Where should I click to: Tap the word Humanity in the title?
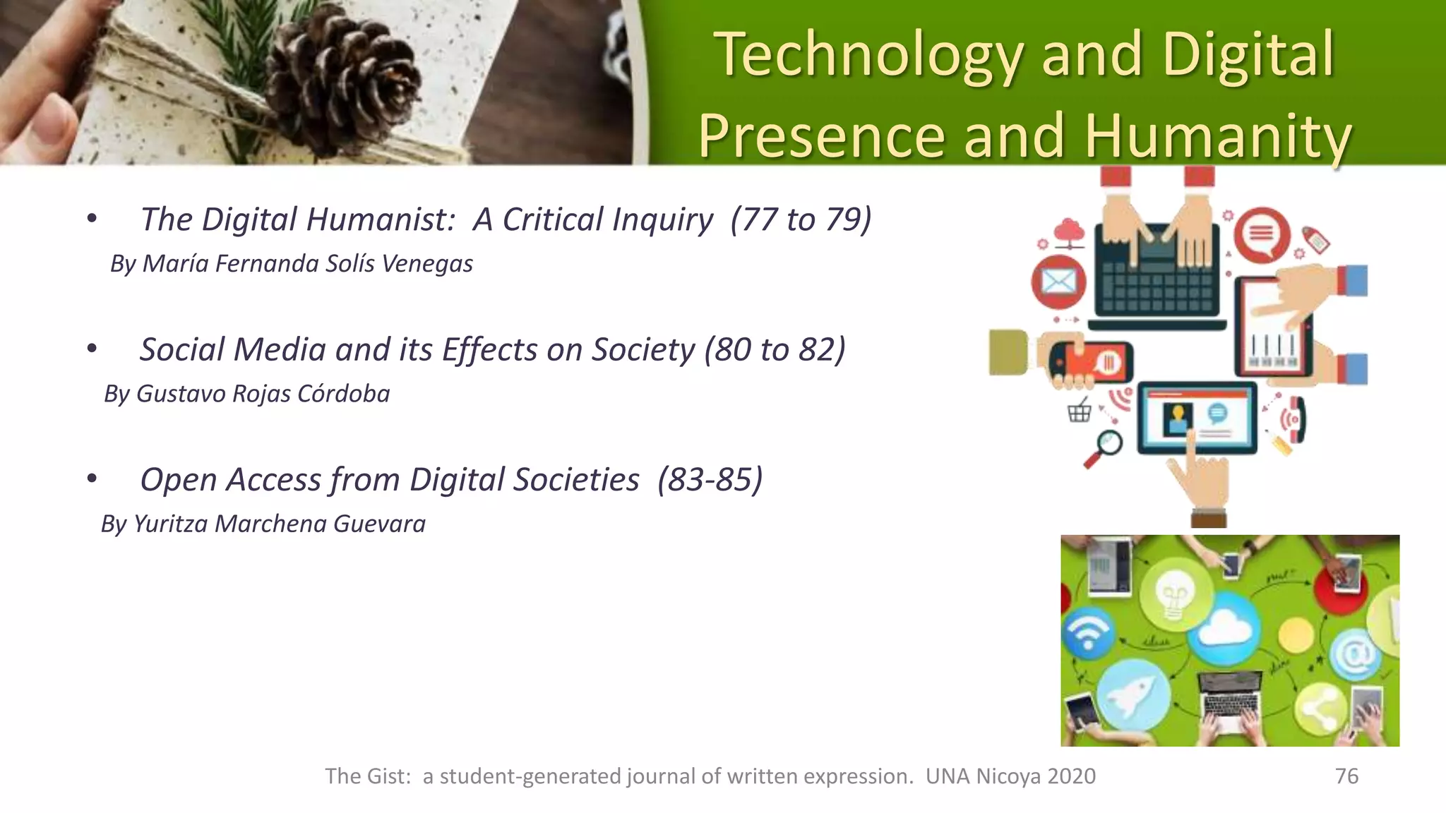1218,137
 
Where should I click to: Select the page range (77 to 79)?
801,219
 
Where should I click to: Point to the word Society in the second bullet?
643,350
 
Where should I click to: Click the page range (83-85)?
710,480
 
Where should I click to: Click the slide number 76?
1346,776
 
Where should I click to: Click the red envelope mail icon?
1058,282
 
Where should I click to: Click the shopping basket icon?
1080,410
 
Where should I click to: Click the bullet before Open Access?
92,480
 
